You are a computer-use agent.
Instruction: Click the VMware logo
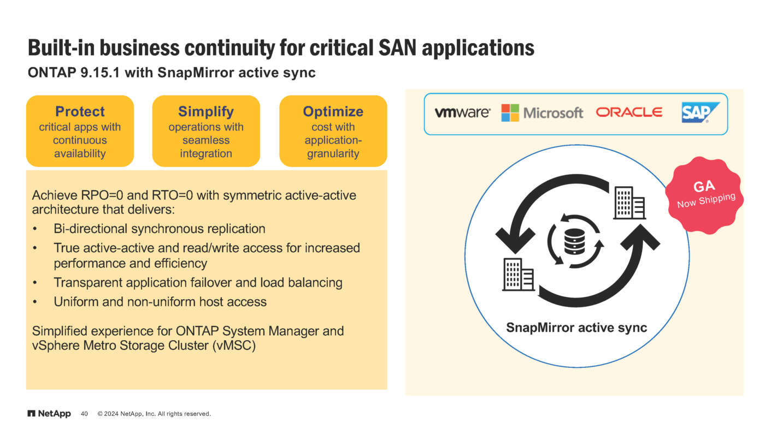462,113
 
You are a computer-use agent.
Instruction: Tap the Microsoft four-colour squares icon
510,112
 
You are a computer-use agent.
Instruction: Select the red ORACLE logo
629,112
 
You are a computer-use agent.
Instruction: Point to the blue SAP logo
700,113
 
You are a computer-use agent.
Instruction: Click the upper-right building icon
629,203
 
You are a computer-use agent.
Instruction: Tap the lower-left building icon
518,274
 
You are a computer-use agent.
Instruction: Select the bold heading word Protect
80,111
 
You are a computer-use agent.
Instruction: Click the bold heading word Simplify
206,111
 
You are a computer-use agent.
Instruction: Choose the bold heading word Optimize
333,111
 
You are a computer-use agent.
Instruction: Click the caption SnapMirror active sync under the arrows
576,328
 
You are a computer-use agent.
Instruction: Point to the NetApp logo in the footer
49,414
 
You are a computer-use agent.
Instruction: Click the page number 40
84,414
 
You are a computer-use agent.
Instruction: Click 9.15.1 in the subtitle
96,73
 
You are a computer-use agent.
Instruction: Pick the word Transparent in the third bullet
87,283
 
